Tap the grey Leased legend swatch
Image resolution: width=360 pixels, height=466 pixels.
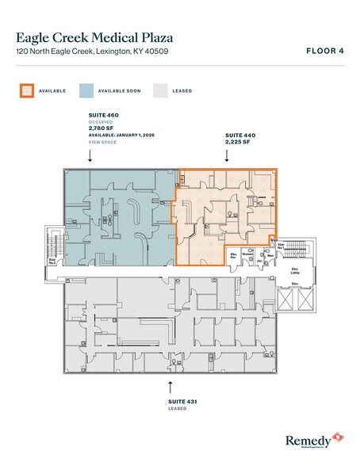[159, 90]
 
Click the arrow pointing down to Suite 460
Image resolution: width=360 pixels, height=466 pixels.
[90, 157]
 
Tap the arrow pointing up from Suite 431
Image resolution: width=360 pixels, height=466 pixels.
[170, 387]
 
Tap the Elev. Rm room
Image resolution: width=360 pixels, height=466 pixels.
[234, 256]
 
